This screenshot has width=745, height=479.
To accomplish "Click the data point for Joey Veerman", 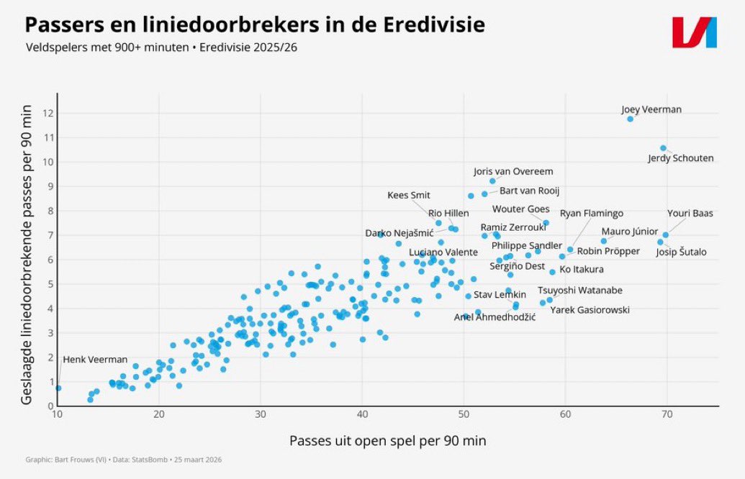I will click(630, 119).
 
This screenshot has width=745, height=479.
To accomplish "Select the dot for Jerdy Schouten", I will click(663, 148).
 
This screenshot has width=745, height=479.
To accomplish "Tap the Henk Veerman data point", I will click(58, 388).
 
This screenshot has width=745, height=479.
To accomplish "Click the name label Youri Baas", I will click(690, 213).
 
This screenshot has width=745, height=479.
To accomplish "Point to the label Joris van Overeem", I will click(513, 172).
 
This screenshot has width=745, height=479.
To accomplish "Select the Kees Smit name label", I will click(409, 196).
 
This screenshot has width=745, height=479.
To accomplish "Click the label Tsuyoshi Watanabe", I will click(580, 291).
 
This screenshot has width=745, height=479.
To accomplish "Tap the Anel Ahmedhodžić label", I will click(495, 317).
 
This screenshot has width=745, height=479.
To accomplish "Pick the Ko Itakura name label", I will click(582, 270).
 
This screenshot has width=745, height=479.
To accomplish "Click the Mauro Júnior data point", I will click(604, 241).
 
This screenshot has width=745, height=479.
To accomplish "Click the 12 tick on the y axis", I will click(47, 113).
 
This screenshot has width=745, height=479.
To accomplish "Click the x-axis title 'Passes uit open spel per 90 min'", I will click(387, 440).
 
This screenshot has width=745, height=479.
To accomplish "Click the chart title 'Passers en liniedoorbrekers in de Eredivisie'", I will click(255, 25).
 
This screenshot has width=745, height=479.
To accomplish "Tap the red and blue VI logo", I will click(694, 32).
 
